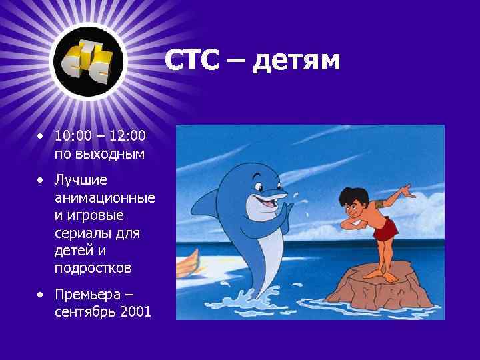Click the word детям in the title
[297, 61]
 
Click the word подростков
[94, 269]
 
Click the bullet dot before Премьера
[41, 295]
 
